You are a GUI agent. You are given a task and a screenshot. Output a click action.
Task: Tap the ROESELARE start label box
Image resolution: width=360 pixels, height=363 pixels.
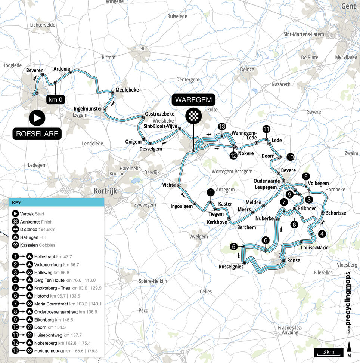tap(37, 134)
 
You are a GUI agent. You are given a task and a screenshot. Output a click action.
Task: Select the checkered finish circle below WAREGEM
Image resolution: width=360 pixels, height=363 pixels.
tap(193, 116)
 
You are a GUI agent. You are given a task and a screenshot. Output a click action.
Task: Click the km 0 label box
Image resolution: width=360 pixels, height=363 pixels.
tap(55, 100)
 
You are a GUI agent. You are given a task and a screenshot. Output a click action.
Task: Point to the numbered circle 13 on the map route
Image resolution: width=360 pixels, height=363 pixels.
tap(222, 126)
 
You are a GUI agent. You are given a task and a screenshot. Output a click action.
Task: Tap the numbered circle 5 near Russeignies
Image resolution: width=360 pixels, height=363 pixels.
tap(233, 246)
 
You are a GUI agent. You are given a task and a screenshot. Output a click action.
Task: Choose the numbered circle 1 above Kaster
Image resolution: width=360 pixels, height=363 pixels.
tap(211, 192)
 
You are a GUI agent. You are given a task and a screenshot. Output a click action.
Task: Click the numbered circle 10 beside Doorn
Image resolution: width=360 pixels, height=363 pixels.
tap(290, 157)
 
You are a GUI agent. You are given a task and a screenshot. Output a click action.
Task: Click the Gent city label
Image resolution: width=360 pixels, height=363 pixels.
tap(348, 6)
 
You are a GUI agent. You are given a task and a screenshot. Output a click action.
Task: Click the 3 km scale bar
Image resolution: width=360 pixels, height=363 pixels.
tap(329, 352)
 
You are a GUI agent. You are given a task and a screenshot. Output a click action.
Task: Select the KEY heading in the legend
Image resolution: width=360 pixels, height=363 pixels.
tap(17, 202)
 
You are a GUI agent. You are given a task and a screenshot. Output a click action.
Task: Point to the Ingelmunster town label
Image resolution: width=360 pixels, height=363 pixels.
tap(88, 108)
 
